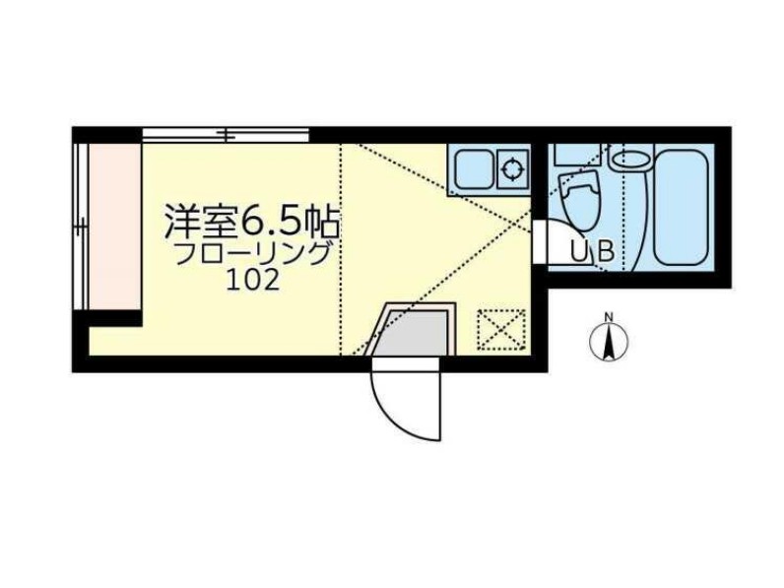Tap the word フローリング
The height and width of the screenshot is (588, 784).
point(253,254)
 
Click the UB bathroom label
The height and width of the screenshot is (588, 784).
point(594,253)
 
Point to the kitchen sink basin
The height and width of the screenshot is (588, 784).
point(472,167)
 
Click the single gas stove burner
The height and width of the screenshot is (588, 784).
point(513,167)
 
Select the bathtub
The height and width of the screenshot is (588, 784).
point(681,206)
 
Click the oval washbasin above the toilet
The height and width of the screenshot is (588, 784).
point(629,157)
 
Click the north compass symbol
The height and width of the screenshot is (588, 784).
point(609,342)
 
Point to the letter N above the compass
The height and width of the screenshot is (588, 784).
point(609,316)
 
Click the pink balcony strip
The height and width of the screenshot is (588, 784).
point(109,226)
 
